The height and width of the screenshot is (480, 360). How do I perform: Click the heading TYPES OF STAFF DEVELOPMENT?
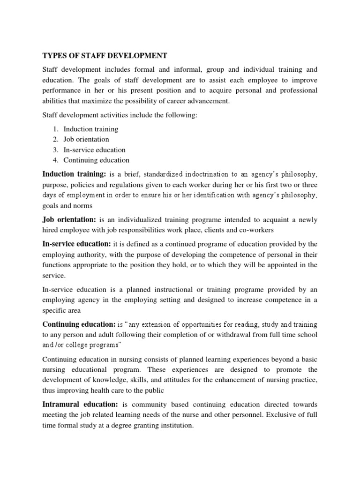[105, 56]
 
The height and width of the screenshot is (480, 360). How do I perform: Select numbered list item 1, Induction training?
[91, 129]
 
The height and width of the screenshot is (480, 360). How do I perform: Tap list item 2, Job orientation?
[86, 139]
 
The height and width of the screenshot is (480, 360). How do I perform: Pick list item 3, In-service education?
[95, 150]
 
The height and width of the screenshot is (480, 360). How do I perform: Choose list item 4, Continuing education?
[97, 160]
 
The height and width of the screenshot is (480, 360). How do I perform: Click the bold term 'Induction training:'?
[75, 174]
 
